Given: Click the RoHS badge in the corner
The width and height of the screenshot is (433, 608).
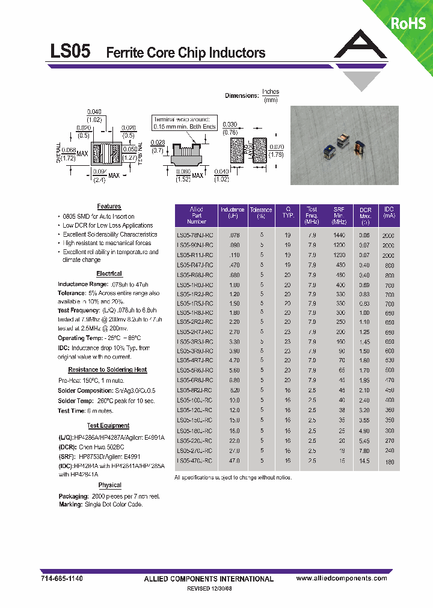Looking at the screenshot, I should tap(408, 23).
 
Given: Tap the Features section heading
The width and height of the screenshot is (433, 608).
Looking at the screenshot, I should tap(109, 206).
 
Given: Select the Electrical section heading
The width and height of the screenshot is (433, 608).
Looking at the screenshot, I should tap(109, 273).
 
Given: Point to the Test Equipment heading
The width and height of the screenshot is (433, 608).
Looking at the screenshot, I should tap(108, 425).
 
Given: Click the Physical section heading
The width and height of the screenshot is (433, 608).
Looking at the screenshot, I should tap(109, 485).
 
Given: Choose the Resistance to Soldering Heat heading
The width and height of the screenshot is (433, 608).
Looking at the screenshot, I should tap(108, 369).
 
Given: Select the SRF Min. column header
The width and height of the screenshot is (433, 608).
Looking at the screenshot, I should tap(339, 214).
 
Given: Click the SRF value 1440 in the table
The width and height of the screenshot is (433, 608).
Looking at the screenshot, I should tap(339, 236).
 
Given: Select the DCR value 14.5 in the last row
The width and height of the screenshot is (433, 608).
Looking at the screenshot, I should tap(365, 460).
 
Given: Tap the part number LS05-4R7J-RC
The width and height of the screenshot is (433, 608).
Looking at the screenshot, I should tap(194, 360).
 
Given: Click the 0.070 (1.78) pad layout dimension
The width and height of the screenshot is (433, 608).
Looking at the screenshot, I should tap(276, 151).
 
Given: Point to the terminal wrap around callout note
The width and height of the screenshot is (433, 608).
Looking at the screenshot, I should tap(184, 123).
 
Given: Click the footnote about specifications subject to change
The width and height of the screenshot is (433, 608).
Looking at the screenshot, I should tap(233, 477).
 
